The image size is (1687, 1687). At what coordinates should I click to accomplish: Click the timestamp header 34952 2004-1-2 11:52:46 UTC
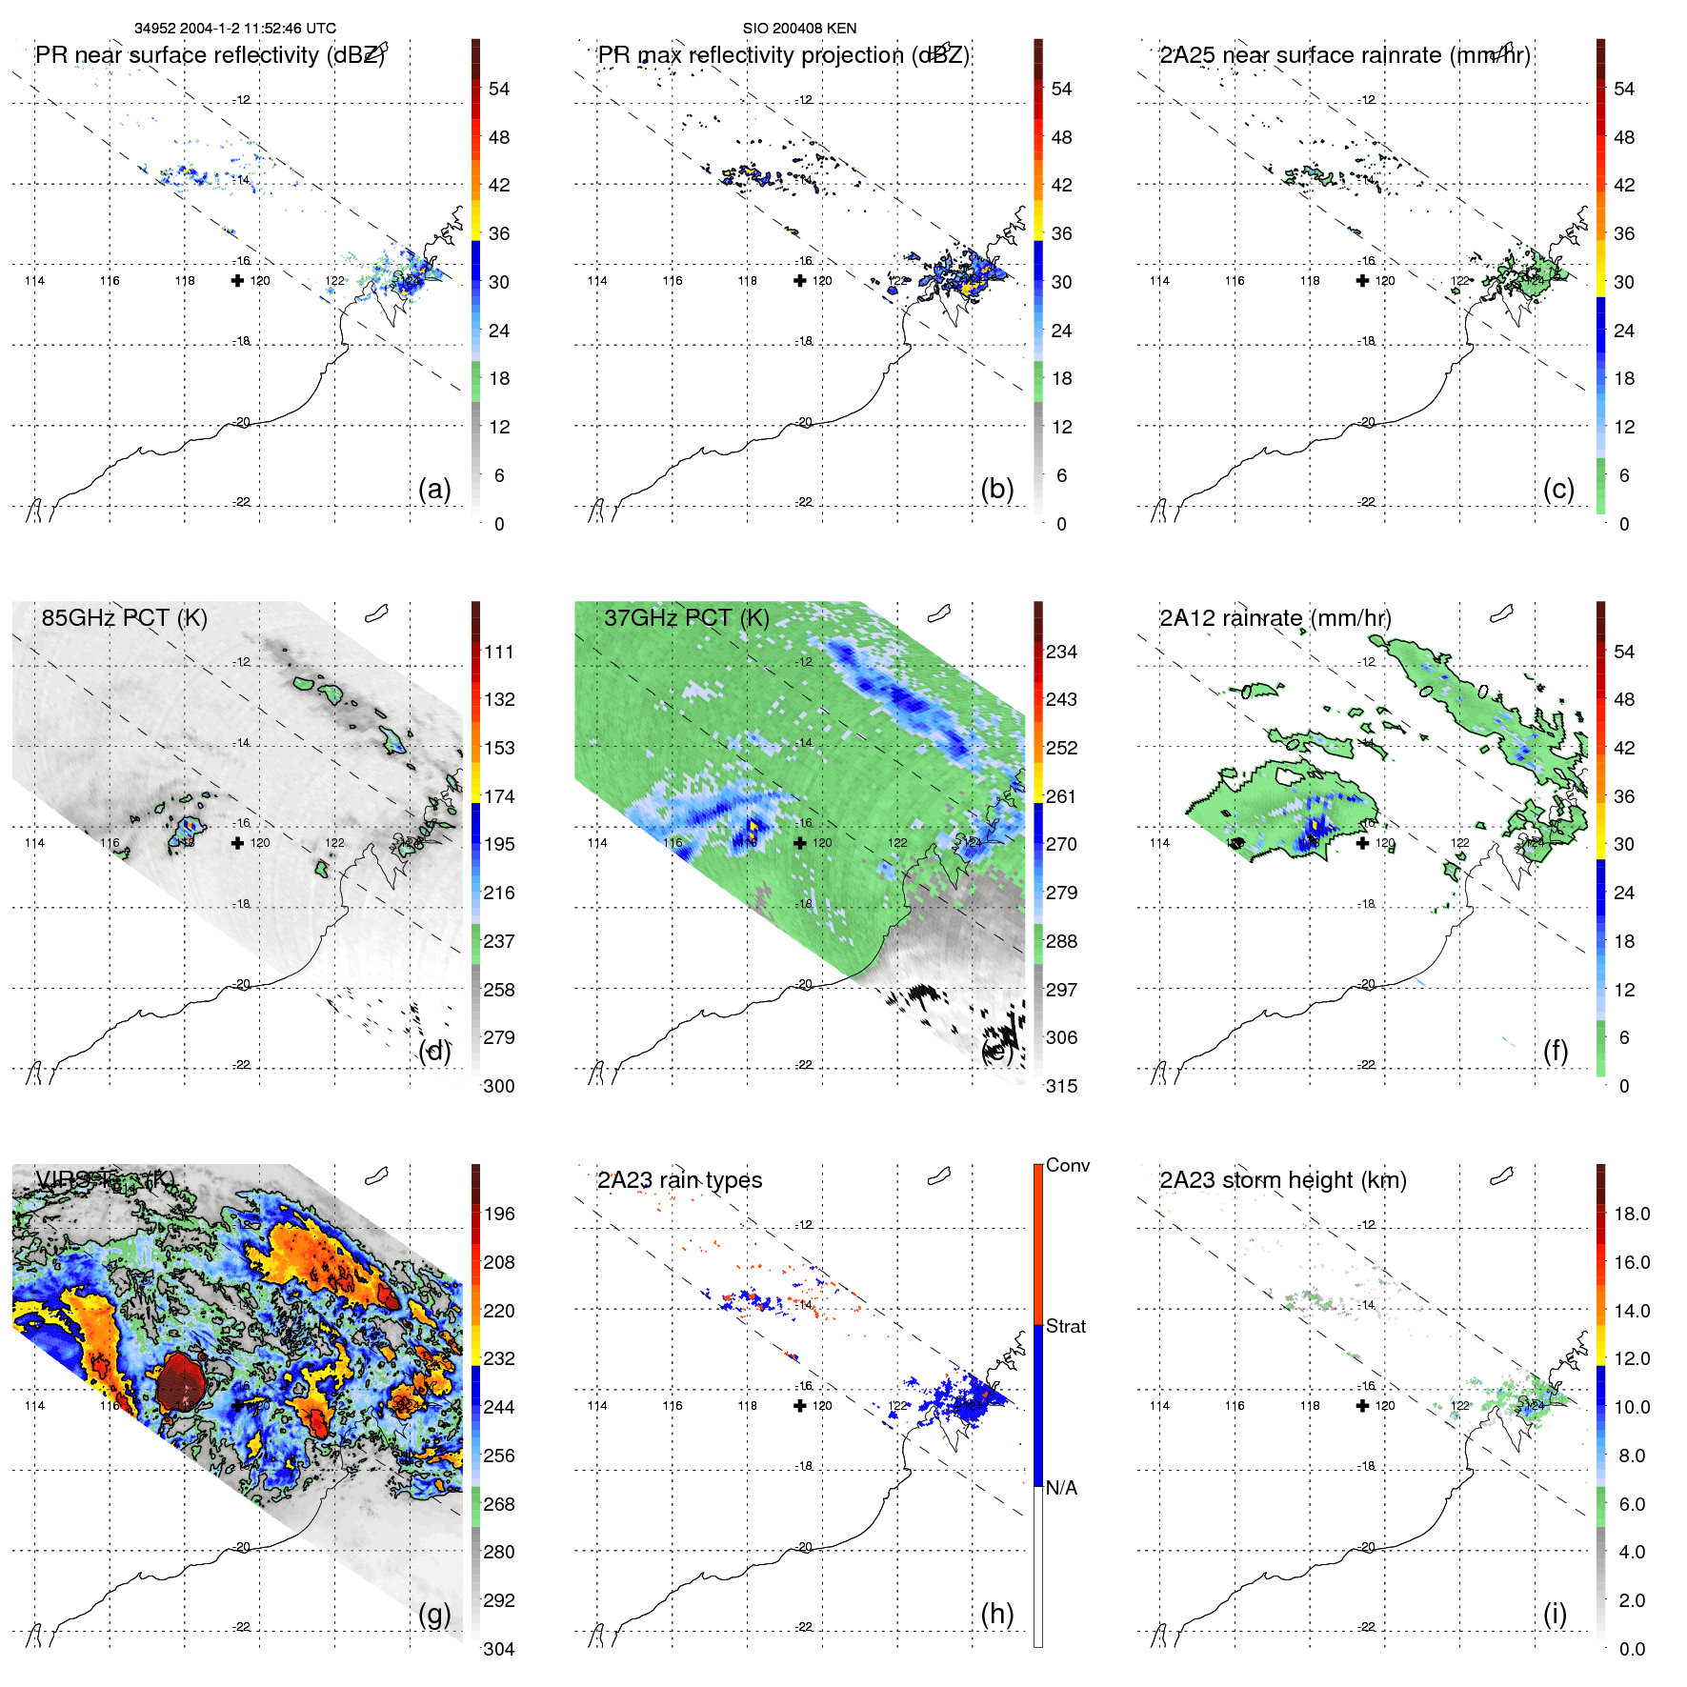click(234, 29)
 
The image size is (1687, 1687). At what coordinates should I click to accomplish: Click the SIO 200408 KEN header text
click(799, 29)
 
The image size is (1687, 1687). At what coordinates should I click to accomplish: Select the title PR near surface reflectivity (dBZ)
click(210, 55)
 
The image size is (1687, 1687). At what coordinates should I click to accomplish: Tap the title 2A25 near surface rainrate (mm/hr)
click(1345, 55)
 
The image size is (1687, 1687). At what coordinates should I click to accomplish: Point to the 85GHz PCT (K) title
click(124, 617)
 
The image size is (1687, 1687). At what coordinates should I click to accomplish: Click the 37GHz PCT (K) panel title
click(686, 617)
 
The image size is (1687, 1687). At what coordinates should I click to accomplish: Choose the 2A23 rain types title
click(679, 1180)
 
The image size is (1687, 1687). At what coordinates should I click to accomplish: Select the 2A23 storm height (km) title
click(1282, 1180)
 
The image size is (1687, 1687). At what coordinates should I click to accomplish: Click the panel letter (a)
click(434, 489)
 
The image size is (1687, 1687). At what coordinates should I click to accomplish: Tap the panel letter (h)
click(996, 1614)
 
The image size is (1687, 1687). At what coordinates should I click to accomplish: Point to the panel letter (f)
click(1556, 1051)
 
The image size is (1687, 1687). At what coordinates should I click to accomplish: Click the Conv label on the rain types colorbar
click(1067, 1165)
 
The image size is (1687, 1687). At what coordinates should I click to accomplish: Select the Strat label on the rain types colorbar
click(1066, 1326)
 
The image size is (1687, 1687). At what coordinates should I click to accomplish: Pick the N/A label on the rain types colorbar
click(1061, 1488)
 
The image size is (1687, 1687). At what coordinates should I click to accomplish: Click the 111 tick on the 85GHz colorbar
click(499, 652)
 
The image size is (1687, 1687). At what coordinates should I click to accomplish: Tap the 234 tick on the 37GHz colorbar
click(1061, 652)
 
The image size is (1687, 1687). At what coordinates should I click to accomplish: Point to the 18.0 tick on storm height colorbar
click(1631, 1214)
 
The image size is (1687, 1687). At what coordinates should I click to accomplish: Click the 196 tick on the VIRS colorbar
click(499, 1214)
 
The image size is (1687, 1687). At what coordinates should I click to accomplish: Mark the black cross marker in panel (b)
click(800, 281)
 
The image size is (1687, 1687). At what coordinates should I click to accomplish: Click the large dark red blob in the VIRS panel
click(180, 1380)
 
